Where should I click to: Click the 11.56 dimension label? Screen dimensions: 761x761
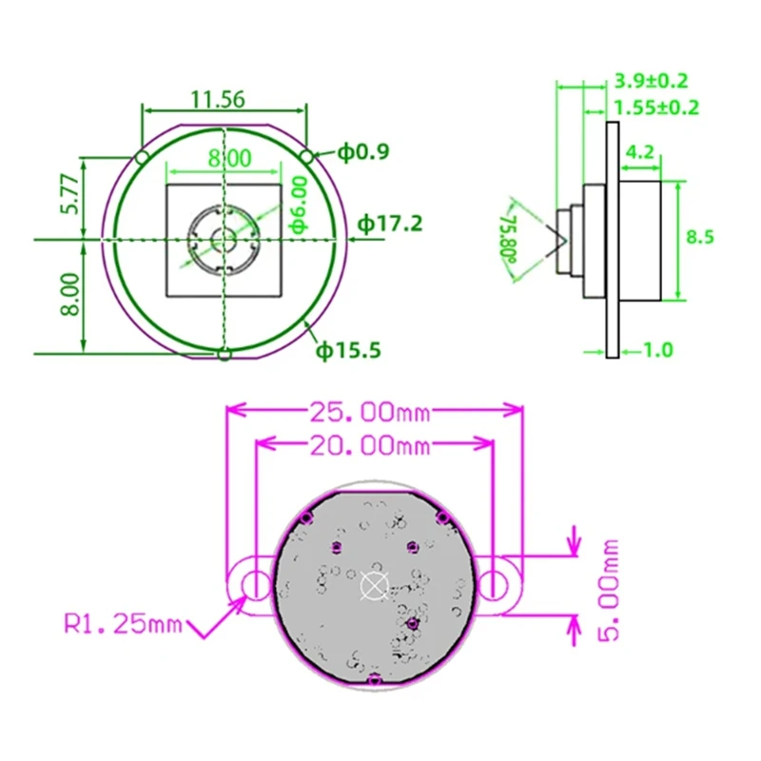coord(218,98)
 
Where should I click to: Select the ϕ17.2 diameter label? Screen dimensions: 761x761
coord(390,224)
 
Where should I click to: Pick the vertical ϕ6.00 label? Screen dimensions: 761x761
coord(298,205)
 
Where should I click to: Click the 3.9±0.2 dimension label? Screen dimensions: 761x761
coord(652,81)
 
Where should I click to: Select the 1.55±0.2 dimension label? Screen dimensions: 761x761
coord(657,107)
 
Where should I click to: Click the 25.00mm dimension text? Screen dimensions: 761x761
coord(370,413)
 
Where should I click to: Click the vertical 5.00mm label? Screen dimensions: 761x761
coord(609,590)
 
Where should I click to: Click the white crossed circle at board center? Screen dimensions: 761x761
coord(373,586)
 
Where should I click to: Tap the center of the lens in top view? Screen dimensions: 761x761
coord(224,238)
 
